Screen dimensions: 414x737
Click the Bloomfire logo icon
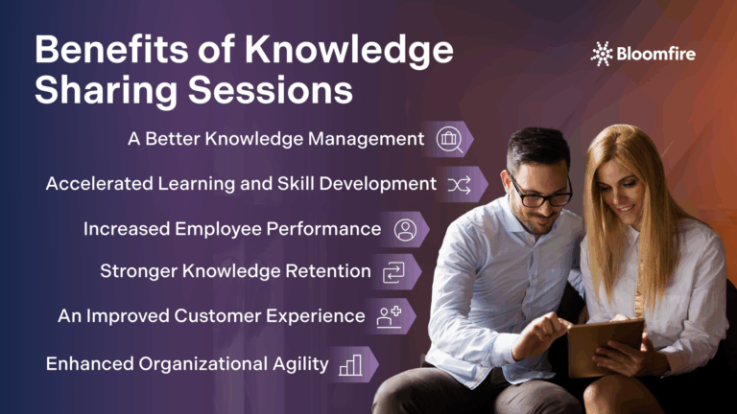pyautogui.click(x=602, y=53)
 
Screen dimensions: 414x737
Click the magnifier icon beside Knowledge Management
pyautogui.click(x=449, y=139)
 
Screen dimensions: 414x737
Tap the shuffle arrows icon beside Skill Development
pyautogui.click(x=460, y=184)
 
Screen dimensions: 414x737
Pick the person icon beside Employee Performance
pyautogui.click(x=405, y=229)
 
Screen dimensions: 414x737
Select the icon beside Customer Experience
pyautogui.click(x=389, y=316)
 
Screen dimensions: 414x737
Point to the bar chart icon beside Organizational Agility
pyautogui.click(x=350, y=364)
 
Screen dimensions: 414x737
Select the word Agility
pyautogui.click(x=298, y=364)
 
